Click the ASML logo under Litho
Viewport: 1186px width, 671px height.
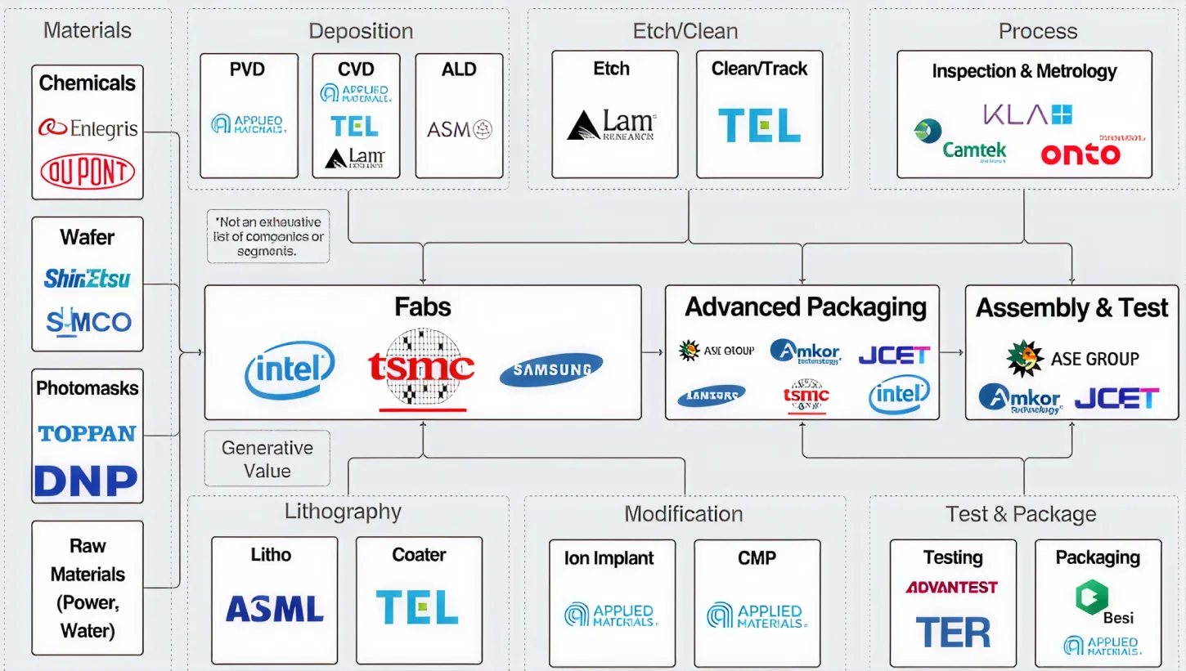(274, 609)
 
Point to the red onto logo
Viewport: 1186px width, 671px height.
(1081, 152)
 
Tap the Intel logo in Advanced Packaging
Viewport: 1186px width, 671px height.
(899, 395)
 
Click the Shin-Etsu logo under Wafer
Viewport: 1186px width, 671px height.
(88, 279)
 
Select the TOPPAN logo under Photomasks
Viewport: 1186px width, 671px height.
(88, 433)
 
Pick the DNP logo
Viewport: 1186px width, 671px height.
(86, 481)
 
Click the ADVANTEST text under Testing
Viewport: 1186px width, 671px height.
(951, 587)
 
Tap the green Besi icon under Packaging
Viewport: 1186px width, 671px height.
(1092, 597)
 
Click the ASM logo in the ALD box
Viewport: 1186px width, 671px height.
(459, 129)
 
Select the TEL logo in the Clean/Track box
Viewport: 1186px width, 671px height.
(759, 126)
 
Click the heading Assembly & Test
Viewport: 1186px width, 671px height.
(1071, 308)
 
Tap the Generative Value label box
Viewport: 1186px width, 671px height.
(267, 459)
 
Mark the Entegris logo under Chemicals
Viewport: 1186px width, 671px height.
(88, 128)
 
